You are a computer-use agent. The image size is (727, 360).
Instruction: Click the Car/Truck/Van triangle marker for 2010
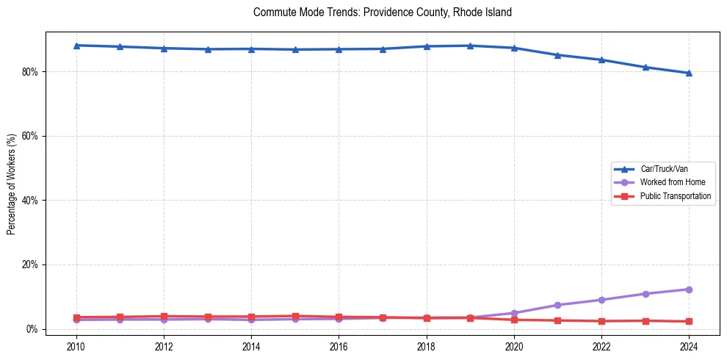76,46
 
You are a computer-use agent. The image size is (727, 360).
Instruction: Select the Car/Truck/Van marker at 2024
689,73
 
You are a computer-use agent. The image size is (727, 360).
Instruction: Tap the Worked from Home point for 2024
689,289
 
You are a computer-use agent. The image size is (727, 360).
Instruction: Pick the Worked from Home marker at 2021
557,305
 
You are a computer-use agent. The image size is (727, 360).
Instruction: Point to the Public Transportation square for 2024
689,321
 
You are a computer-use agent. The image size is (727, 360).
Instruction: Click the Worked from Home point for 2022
601,300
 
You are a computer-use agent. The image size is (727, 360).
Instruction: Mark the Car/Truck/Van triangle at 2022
601,60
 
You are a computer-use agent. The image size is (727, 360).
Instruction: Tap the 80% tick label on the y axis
31,72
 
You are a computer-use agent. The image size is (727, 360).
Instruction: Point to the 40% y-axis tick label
31,201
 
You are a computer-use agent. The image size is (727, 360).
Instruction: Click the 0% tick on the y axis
33,329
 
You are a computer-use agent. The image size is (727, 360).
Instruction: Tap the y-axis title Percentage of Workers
12,184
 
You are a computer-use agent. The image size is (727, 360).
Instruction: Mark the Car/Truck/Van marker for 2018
427,46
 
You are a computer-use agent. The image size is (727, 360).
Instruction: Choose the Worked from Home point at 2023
645,294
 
